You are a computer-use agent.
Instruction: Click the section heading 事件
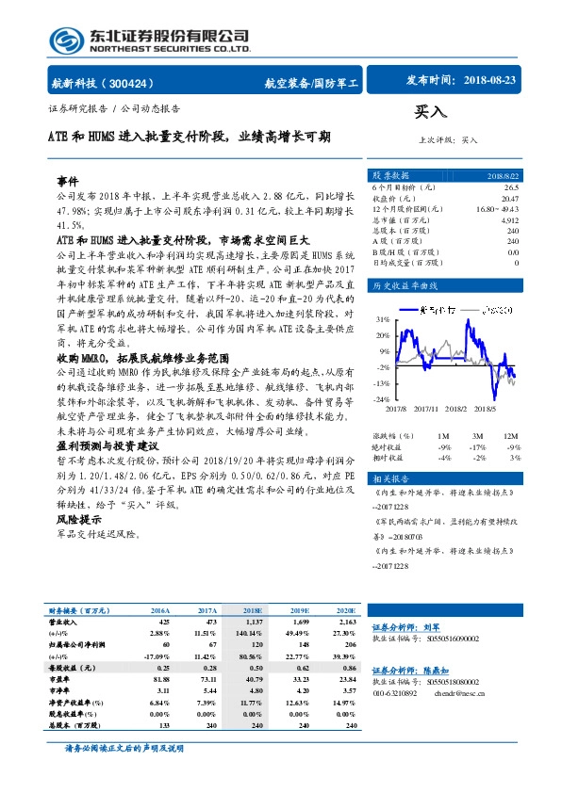click(68, 179)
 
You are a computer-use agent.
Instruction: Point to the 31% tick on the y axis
click(382, 318)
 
